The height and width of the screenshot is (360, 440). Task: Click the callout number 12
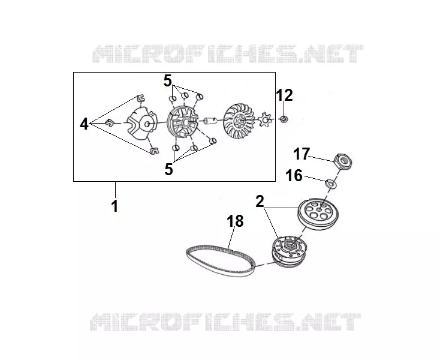[x=284, y=95]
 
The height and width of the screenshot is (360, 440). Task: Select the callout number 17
[x=301, y=154]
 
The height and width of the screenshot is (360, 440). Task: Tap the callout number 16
[x=294, y=176]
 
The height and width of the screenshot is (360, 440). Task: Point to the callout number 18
[x=235, y=221]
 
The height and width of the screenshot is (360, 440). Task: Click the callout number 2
[x=260, y=202]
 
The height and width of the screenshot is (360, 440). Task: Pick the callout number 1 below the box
[x=114, y=206]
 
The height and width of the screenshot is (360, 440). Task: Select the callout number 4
[x=84, y=124]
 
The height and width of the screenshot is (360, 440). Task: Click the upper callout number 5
[x=167, y=81]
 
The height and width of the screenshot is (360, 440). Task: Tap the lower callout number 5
[x=168, y=169]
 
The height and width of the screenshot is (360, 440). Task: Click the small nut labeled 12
[x=284, y=119]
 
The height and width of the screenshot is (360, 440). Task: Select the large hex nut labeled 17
[x=343, y=161]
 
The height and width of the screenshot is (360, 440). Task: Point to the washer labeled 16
[x=331, y=184]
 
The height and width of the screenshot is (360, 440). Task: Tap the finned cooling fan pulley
[x=239, y=120]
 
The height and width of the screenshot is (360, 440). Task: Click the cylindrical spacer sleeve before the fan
[x=210, y=121]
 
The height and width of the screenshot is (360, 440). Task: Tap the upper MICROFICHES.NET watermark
[x=228, y=53]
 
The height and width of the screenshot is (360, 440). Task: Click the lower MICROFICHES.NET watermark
[x=225, y=322]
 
